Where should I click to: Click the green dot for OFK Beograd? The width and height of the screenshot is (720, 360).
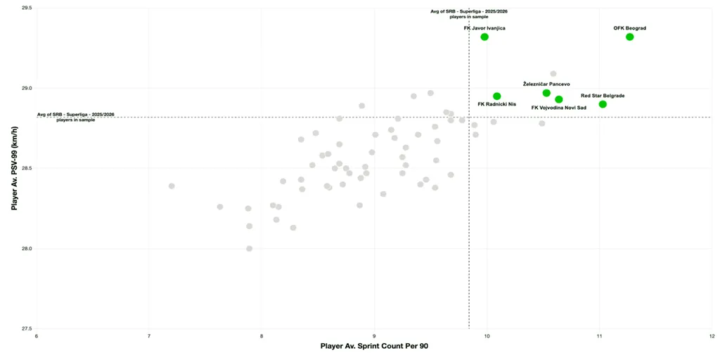pos(629,37)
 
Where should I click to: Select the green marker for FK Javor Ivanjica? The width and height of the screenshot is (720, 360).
pos(484,37)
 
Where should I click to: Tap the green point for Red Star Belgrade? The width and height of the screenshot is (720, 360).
pos(603,104)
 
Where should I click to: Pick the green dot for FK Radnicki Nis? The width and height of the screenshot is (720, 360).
pos(497,96)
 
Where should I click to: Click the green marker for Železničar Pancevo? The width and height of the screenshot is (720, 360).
pos(546,93)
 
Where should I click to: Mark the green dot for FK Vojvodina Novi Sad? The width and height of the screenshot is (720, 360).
pos(559,99)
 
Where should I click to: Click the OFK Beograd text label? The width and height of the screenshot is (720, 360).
pos(629,28)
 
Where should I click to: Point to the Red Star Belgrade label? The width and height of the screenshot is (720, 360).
pos(603,96)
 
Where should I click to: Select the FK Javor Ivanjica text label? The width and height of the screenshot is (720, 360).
pos(484,28)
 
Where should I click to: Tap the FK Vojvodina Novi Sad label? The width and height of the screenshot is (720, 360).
pos(558,108)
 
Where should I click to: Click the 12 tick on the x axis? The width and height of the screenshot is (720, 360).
pos(712,337)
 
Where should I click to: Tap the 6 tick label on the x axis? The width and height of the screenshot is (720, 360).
pos(37,337)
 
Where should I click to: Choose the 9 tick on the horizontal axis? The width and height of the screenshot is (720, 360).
pos(374,337)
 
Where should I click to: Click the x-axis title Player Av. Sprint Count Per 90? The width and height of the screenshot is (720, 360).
pos(374,347)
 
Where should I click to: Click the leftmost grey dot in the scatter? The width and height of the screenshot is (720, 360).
pos(172,186)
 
